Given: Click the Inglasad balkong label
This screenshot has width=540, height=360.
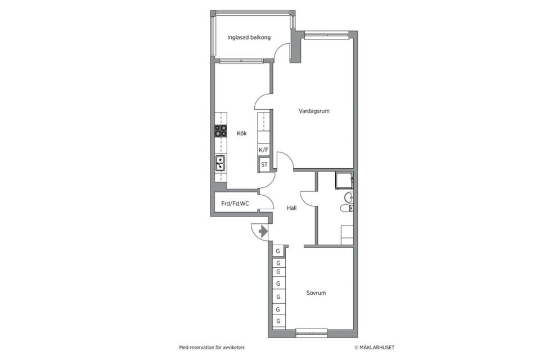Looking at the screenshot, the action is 249,37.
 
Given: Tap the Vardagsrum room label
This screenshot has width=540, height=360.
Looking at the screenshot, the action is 314,111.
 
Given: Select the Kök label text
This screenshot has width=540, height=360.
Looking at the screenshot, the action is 242,133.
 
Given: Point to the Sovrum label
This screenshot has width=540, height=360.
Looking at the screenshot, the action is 316,293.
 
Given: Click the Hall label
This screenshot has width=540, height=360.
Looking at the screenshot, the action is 292,208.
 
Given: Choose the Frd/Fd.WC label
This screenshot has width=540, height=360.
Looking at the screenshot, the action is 235,204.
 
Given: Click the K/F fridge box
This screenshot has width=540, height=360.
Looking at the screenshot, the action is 263,150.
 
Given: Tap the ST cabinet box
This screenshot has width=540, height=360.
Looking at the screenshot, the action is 264,165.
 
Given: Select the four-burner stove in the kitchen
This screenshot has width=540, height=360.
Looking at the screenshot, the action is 220,131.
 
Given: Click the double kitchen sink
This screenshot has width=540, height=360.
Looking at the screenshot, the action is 220,163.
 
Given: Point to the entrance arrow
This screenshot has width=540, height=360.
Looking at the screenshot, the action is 263,231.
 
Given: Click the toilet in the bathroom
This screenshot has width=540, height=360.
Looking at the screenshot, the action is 346,208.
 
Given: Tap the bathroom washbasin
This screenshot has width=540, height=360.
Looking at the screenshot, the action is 349,197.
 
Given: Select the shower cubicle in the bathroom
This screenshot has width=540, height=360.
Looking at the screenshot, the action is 344,180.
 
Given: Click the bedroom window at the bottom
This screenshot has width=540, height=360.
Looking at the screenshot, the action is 312,332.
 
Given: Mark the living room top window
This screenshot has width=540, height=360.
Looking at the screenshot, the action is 326,34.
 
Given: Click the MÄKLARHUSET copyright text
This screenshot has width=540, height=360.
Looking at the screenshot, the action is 375,348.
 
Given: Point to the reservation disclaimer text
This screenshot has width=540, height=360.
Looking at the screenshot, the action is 212,348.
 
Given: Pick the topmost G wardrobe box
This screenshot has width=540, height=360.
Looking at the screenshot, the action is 278,251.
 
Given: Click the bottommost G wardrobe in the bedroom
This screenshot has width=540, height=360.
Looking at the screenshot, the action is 278,321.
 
